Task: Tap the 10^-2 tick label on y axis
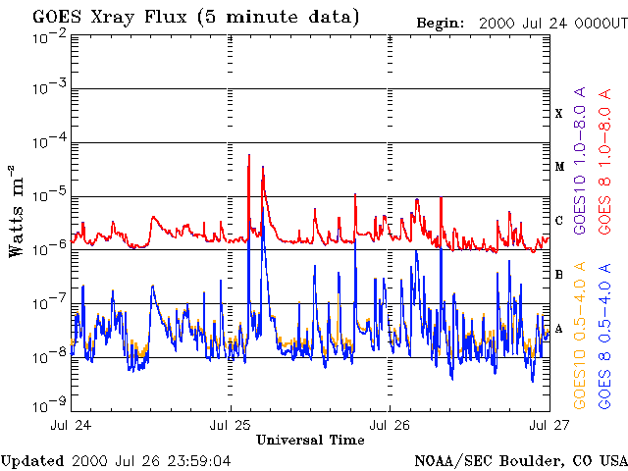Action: (49, 35)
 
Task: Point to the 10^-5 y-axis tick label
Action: (49, 195)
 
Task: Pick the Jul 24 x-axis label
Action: (71, 426)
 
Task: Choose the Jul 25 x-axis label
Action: (231, 426)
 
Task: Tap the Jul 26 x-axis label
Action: (390, 426)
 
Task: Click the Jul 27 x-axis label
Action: (547, 426)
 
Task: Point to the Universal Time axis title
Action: (309, 441)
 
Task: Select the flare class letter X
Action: (559, 114)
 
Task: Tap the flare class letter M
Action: (559, 167)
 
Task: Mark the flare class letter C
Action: (559, 221)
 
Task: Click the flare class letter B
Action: (559, 275)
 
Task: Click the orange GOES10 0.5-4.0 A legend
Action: (581, 335)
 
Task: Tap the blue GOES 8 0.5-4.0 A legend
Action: (606, 335)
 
